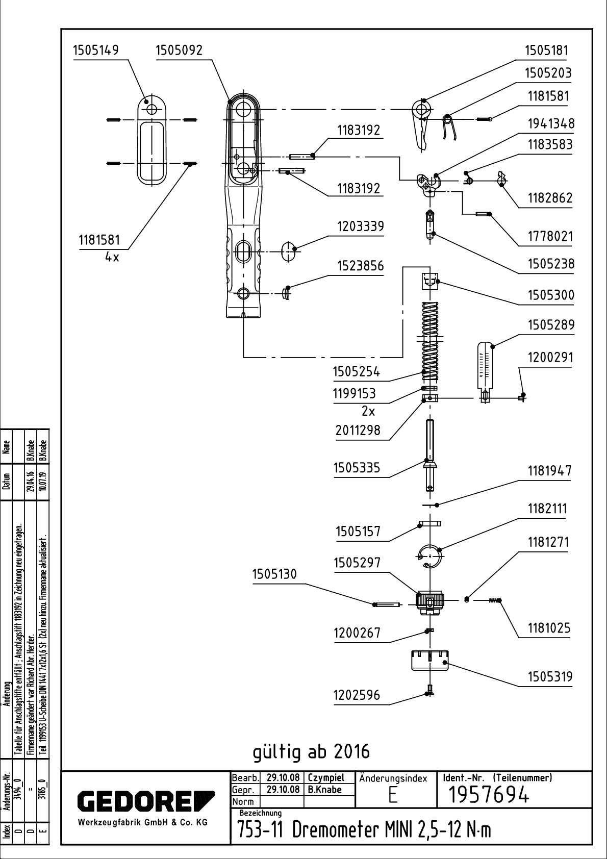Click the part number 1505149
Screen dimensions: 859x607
point(96,50)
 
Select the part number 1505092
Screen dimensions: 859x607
point(179,50)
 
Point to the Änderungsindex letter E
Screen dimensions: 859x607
point(393,796)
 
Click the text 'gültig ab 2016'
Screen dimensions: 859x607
point(311,751)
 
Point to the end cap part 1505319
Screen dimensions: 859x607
point(429,662)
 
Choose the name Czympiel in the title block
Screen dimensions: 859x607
point(326,778)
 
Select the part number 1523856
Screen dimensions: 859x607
point(360,266)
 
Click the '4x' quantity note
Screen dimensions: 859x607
point(112,257)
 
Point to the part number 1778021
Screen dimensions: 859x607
point(550,236)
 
